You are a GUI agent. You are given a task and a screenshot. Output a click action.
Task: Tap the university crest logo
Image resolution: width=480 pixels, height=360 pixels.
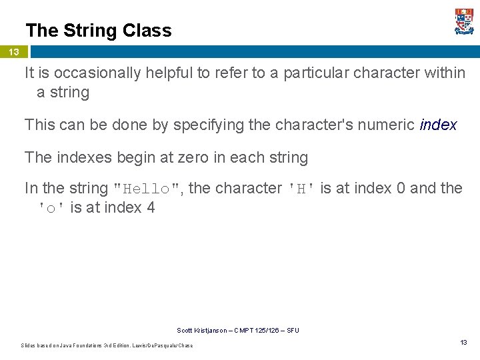(x=464, y=21)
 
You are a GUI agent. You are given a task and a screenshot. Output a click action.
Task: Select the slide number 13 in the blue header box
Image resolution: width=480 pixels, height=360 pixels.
(x=14, y=52)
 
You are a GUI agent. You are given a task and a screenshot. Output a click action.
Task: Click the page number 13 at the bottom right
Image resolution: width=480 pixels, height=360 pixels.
(x=463, y=342)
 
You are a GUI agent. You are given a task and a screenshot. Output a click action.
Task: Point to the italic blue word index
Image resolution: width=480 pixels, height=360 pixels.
(x=439, y=125)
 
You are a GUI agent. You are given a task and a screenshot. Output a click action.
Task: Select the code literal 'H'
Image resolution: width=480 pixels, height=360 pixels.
(x=301, y=189)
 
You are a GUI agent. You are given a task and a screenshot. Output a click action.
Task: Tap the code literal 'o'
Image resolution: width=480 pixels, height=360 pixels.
(x=51, y=208)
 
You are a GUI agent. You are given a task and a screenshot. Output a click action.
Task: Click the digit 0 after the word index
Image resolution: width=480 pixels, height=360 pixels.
(x=401, y=189)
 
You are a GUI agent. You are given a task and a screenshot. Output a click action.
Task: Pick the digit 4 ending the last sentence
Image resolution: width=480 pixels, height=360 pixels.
(x=151, y=208)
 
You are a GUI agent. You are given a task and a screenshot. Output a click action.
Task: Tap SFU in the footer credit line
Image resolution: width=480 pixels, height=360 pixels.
(x=293, y=331)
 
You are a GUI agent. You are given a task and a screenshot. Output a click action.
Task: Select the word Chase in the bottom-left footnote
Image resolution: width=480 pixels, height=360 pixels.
(x=185, y=345)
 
